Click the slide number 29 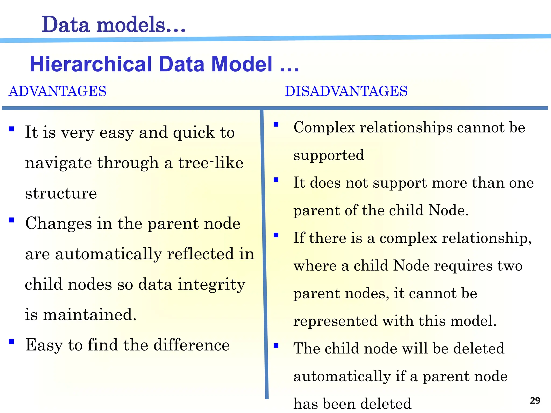click(x=535, y=400)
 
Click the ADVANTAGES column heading click(x=57, y=91)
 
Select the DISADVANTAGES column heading click(x=346, y=91)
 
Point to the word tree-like click(x=211, y=163)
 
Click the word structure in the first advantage click(x=61, y=193)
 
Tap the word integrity click(x=211, y=285)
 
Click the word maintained click(x=90, y=314)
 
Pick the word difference click(x=191, y=345)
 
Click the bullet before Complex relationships click(x=276, y=124)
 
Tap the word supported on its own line click(x=329, y=155)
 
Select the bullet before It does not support click(x=276, y=180)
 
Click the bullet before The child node click(x=276, y=345)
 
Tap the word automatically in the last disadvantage click(x=342, y=376)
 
